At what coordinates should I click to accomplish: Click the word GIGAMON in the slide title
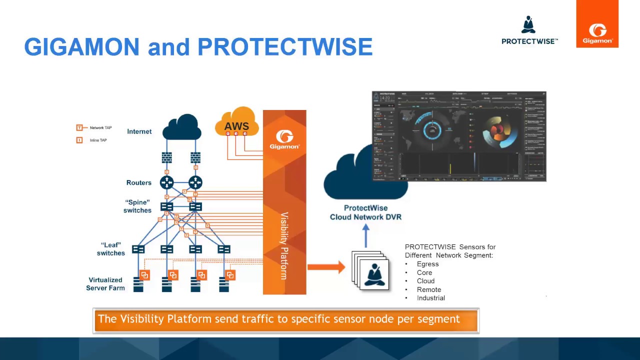[x=81, y=47]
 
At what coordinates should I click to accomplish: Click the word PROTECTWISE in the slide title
[x=285, y=47]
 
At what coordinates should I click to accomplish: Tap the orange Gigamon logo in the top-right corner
[x=597, y=24]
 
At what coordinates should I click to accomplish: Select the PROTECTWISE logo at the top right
[x=529, y=31]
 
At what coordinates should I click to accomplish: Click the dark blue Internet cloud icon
[x=182, y=127]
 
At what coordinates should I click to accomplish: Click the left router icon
[x=166, y=182]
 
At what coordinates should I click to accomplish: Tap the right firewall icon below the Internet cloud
[x=195, y=157]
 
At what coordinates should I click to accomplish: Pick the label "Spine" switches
[x=137, y=206]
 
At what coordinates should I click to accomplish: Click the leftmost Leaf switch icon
[x=138, y=249]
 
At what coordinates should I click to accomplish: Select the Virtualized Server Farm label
[x=105, y=284]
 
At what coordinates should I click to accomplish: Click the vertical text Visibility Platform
[x=284, y=245]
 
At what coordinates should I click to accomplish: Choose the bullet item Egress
[x=427, y=264]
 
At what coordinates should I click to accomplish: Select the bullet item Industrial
[x=430, y=298]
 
